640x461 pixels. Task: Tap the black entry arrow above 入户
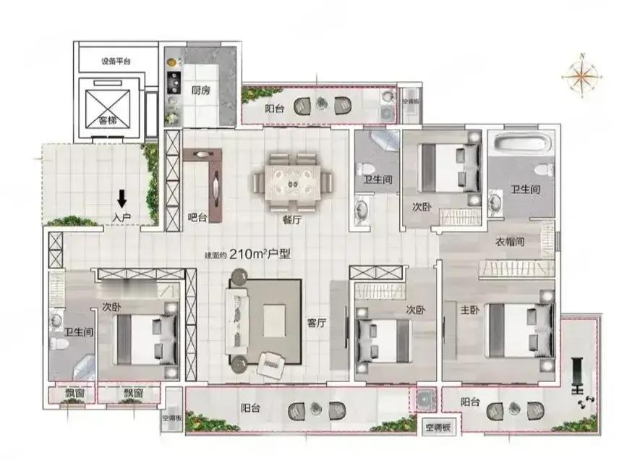point(121,197)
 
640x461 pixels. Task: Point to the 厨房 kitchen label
point(201,91)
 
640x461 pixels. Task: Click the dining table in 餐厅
point(292,181)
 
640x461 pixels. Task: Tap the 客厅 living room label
point(318,323)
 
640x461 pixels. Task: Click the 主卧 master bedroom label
point(470,310)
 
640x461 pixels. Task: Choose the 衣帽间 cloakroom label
point(510,242)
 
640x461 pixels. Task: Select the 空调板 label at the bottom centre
point(438,428)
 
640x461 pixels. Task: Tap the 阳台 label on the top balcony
point(274,109)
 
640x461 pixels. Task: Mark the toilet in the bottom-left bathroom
point(60,347)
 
